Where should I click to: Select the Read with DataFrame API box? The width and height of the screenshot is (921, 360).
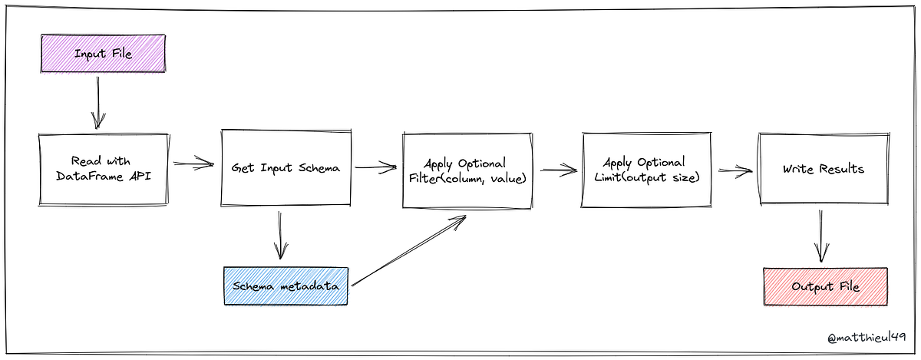coord(102,169)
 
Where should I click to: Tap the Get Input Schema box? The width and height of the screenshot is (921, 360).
coord(286,168)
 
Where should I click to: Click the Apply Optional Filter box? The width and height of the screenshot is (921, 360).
coord(466,171)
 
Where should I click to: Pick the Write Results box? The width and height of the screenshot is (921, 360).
coord(822,168)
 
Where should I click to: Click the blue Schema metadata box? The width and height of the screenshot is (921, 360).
coord(286,286)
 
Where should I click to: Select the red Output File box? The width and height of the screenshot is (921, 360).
coord(825,286)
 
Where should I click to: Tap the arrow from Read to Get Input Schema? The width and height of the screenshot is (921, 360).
coord(193,163)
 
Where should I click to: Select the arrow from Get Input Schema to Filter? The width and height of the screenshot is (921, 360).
coord(375,165)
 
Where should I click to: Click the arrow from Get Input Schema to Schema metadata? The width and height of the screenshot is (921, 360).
coord(280,236)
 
